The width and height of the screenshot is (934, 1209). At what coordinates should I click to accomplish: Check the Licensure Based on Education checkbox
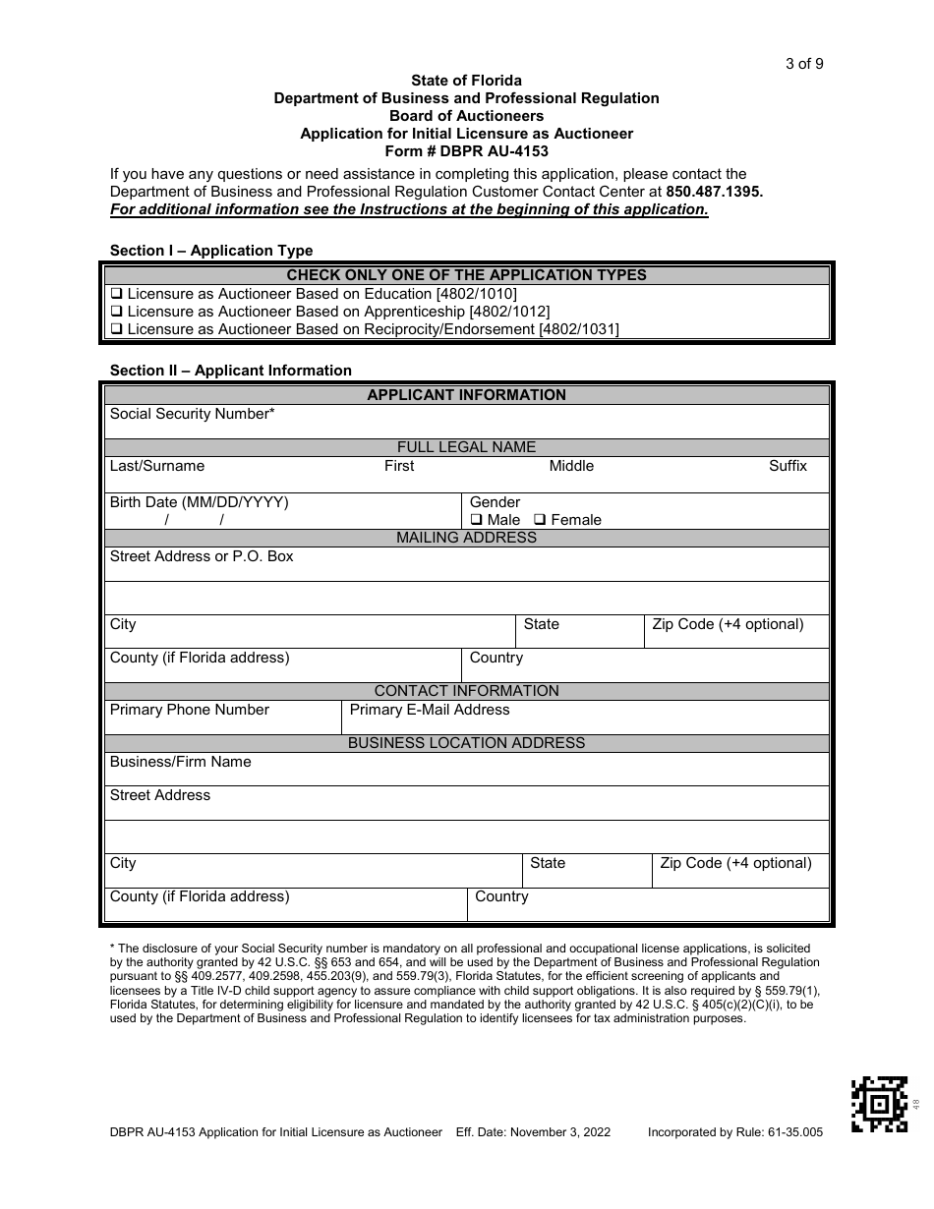click(116, 294)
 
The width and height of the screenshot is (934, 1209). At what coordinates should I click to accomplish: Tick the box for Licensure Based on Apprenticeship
click(116, 312)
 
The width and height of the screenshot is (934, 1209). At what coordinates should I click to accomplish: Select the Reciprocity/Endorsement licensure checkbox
click(116, 329)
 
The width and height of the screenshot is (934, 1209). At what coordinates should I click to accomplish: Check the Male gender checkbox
click(476, 520)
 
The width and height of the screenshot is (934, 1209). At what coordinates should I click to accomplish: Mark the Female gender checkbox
click(540, 520)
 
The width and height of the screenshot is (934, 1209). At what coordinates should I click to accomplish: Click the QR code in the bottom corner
click(879, 1104)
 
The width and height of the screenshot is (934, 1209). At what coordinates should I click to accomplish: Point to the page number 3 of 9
click(804, 64)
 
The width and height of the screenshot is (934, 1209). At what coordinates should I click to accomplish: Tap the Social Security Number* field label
click(192, 414)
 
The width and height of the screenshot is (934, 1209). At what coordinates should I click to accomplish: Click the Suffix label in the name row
click(788, 466)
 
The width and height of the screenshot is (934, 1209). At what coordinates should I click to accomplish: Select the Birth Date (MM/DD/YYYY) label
click(199, 502)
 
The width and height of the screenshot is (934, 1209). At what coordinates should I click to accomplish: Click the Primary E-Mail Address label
click(430, 710)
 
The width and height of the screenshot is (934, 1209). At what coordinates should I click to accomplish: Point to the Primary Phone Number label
click(189, 710)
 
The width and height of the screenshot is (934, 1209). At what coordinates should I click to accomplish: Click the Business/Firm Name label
click(180, 762)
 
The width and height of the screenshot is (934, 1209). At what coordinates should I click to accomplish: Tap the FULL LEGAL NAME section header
click(466, 447)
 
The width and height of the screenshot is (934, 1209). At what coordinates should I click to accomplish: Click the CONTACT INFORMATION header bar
click(466, 691)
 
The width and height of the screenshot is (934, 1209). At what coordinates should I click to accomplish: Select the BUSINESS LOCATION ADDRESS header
click(466, 743)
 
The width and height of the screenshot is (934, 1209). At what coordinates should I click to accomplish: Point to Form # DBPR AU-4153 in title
click(466, 151)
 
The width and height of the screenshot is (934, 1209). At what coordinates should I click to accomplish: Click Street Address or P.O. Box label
click(202, 556)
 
